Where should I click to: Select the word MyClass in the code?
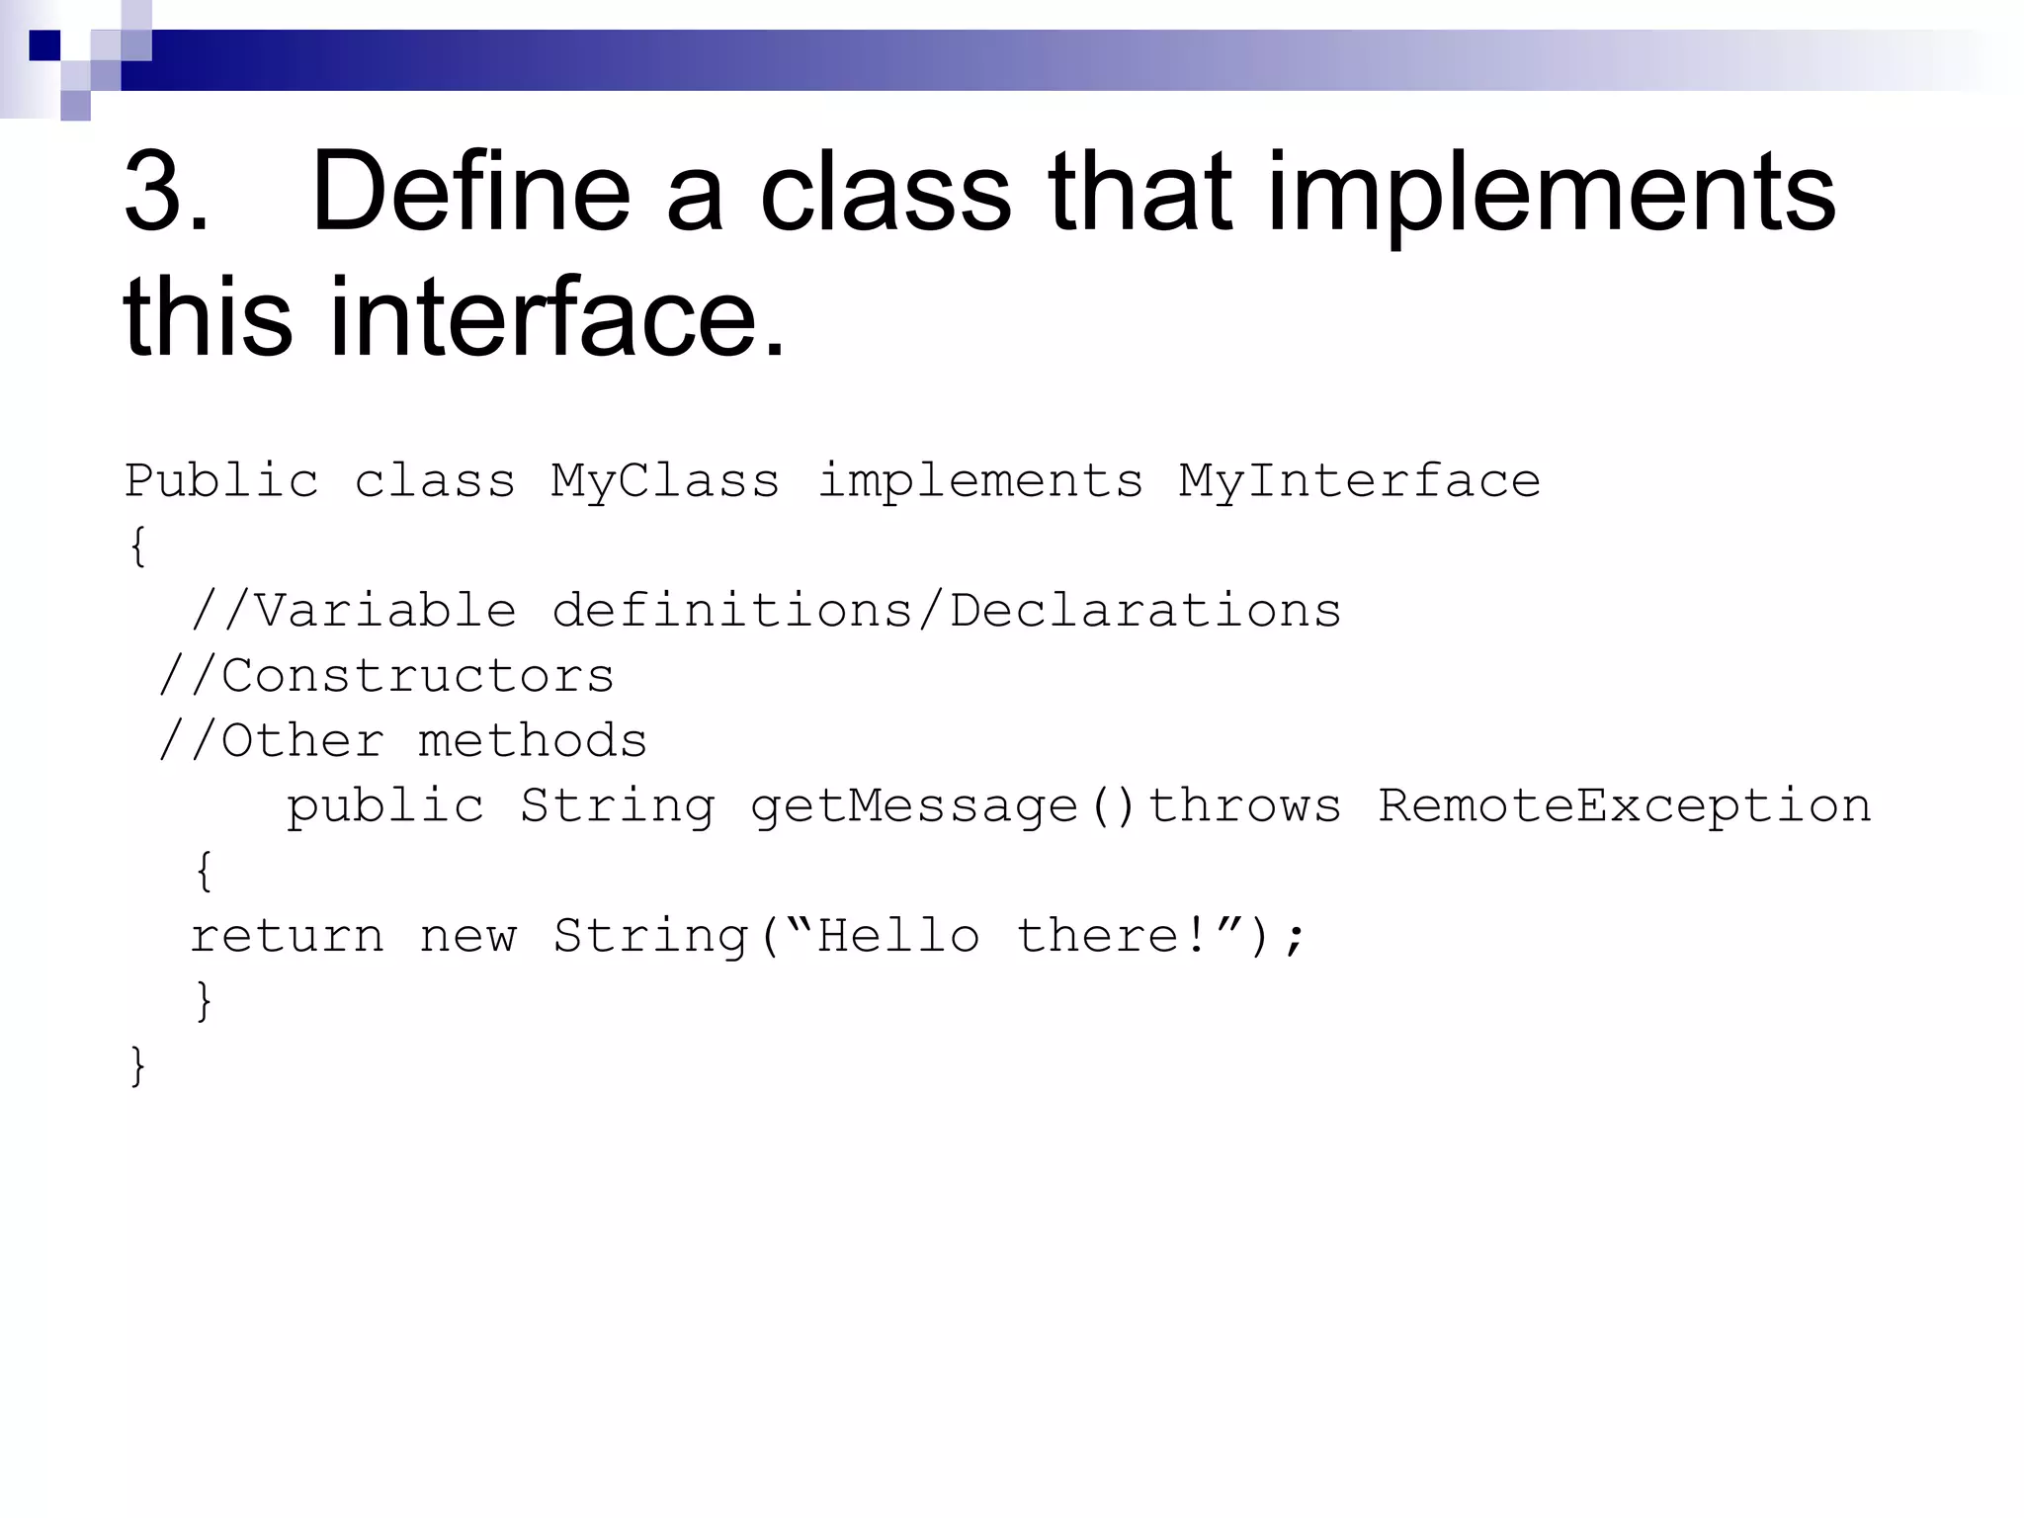point(665,481)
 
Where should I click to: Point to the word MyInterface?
point(1359,481)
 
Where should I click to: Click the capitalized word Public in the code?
point(221,481)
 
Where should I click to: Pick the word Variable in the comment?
point(385,611)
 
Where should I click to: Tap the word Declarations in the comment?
point(1145,611)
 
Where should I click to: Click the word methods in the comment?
point(533,741)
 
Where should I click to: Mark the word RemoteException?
point(1625,806)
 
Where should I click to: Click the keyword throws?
point(1244,806)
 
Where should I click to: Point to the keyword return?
point(287,936)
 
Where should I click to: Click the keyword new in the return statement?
point(467,936)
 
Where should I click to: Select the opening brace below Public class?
point(137,547)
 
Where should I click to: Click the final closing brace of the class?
point(137,1066)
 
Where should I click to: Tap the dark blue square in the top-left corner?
point(44,45)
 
